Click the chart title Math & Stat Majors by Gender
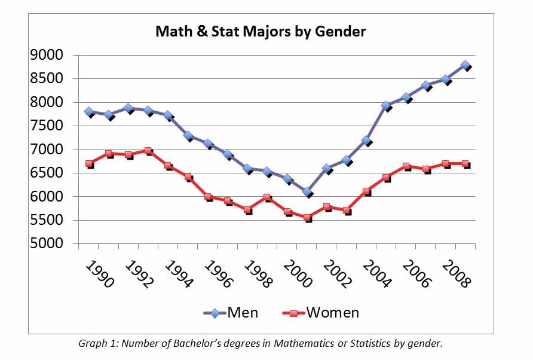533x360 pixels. tap(261, 31)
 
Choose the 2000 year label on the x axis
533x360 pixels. tap(297, 273)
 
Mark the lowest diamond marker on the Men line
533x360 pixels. tap(307, 192)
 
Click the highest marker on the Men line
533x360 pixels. tap(465, 65)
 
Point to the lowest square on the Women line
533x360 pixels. tap(307, 218)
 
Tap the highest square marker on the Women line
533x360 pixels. tap(148, 151)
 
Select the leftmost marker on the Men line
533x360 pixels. tap(89, 112)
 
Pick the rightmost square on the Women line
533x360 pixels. tap(465, 163)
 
